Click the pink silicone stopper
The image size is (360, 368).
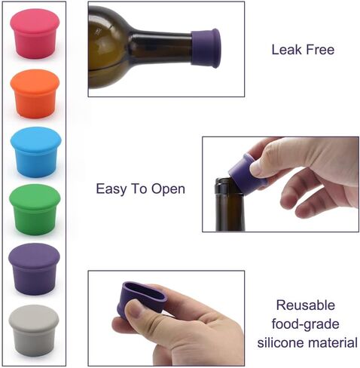point(35,34)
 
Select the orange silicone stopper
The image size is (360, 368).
point(35,94)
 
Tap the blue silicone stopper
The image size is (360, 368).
point(35,152)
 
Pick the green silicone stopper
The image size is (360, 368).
point(35,210)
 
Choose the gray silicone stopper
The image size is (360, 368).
point(34,330)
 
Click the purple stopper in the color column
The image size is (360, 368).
point(34,269)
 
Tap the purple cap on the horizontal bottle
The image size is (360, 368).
point(206,48)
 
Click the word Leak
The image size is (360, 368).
point(287,50)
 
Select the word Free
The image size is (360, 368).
point(320,50)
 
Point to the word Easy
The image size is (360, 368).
point(111,189)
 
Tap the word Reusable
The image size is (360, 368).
point(306,305)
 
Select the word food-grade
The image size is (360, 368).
point(305,324)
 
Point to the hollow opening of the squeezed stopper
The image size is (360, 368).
point(145,292)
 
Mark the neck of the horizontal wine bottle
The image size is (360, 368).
point(160,48)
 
